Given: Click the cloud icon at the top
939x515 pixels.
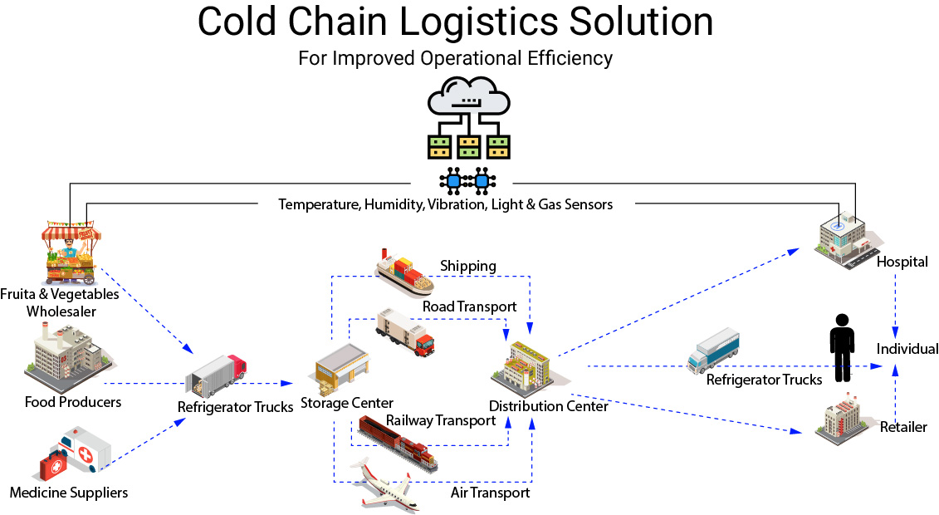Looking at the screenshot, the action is pyautogui.click(x=468, y=96).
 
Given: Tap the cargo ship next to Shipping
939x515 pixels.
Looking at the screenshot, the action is pyautogui.click(x=404, y=273).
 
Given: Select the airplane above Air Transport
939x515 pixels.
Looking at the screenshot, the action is pyautogui.click(x=384, y=485).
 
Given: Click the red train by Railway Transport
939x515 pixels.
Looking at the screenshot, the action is pyautogui.click(x=398, y=443).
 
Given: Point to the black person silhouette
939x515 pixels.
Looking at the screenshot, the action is pyautogui.click(x=842, y=347).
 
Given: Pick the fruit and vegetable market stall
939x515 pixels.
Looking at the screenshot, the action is pyautogui.click(x=71, y=253).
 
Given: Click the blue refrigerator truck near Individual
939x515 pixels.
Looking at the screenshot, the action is pyautogui.click(x=713, y=351).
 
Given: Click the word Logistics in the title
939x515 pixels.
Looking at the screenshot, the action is pyautogui.click(x=480, y=22).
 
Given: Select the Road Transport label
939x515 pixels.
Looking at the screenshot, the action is pyautogui.click(x=470, y=307).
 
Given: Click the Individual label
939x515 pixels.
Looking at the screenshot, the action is pyautogui.click(x=907, y=349).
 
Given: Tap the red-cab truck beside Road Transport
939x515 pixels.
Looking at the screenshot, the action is pyautogui.click(x=405, y=333).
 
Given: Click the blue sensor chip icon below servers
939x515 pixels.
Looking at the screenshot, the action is pyautogui.click(x=467, y=181).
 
